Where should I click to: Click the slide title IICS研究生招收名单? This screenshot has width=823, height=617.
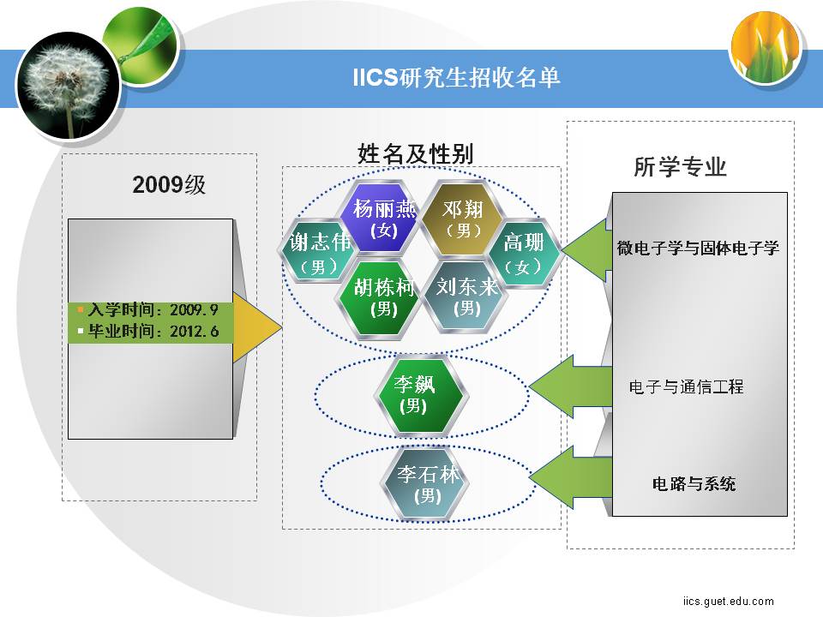(x=456, y=78)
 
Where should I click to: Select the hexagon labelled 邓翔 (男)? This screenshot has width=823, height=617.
(x=462, y=219)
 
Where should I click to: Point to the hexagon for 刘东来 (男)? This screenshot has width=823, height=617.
(x=466, y=297)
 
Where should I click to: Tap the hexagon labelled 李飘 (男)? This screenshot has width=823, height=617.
(x=421, y=395)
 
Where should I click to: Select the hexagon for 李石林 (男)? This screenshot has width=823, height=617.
(x=425, y=483)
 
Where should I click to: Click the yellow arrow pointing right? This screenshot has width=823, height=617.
(x=256, y=326)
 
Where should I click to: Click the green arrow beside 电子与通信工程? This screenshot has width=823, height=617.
(x=571, y=386)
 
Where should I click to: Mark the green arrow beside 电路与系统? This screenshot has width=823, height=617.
(x=571, y=477)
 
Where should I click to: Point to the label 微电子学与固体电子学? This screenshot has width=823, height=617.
(x=698, y=248)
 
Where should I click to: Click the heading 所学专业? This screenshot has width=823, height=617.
(x=680, y=167)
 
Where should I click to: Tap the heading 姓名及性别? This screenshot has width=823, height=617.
(x=415, y=153)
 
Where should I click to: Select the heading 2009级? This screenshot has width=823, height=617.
(x=169, y=185)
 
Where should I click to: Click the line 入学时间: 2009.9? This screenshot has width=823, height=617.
(x=153, y=309)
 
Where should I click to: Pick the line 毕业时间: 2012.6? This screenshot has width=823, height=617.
(x=153, y=331)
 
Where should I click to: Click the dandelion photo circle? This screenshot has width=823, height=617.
(x=69, y=86)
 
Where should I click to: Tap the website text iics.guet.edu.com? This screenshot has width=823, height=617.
(x=729, y=601)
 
